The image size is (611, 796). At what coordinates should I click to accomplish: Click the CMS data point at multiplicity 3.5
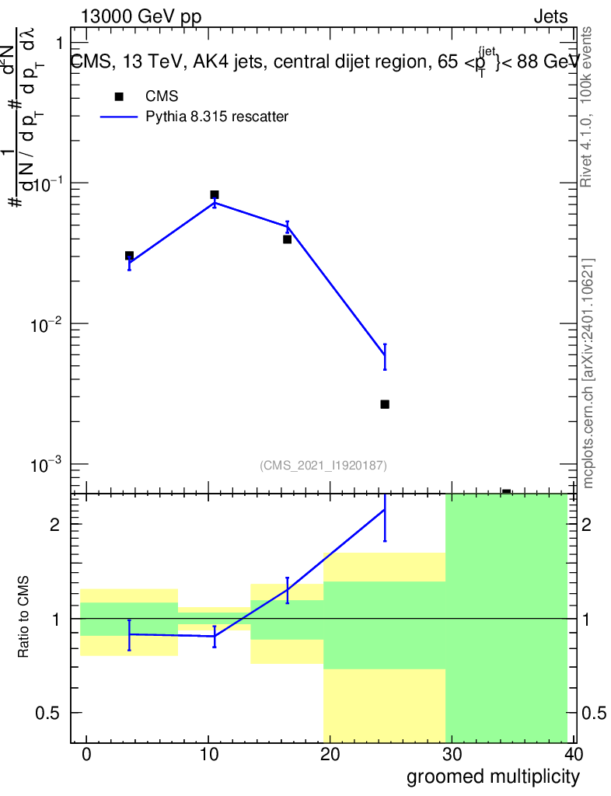pyautogui.click(x=129, y=256)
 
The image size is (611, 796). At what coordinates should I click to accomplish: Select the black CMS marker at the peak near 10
pyautogui.click(x=215, y=194)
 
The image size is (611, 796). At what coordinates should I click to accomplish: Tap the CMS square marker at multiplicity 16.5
pyautogui.click(x=288, y=239)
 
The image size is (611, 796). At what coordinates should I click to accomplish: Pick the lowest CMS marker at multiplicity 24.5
pyautogui.click(x=385, y=404)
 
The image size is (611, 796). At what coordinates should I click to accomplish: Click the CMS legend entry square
pyautogui.click(x=119, y=96)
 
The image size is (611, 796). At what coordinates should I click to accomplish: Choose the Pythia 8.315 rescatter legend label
pyautogui.click(x=218, y=117)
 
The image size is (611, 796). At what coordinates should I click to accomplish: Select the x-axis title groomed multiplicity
pyautogui.click(x=493, y=776)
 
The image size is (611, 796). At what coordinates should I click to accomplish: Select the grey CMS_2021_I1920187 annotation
pyautogui.click(x=323, y=465)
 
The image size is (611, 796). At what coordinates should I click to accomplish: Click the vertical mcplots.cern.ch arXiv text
pyautogui.click(x=588, y=373)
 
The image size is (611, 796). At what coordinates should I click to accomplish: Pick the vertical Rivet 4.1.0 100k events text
pyautogui.click(x=588, y=107)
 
